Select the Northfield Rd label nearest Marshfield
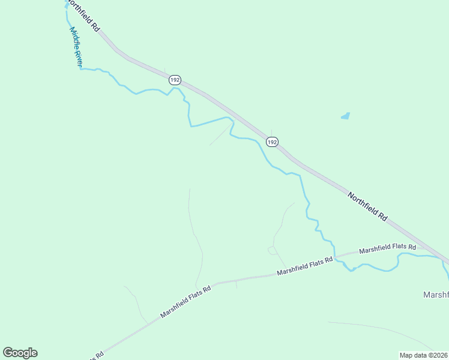tap(367, 206)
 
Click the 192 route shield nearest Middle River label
tap(175, 80)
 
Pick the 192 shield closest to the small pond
tap(272, 142)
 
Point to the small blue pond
tap(345, 116)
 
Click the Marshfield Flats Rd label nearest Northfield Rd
tap(387, 248)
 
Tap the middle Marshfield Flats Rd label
tap(304, 267)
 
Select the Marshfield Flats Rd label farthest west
tap(185, 302)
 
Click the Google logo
tap(20, 353)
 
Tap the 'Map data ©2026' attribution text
tap(424, 355)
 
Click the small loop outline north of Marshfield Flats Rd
tap(272, 250)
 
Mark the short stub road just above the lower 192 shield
tap(271, 132)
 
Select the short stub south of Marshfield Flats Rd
tap(237, 284)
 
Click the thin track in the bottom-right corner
tap(384, 330)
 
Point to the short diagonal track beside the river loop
tap(219, 136)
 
